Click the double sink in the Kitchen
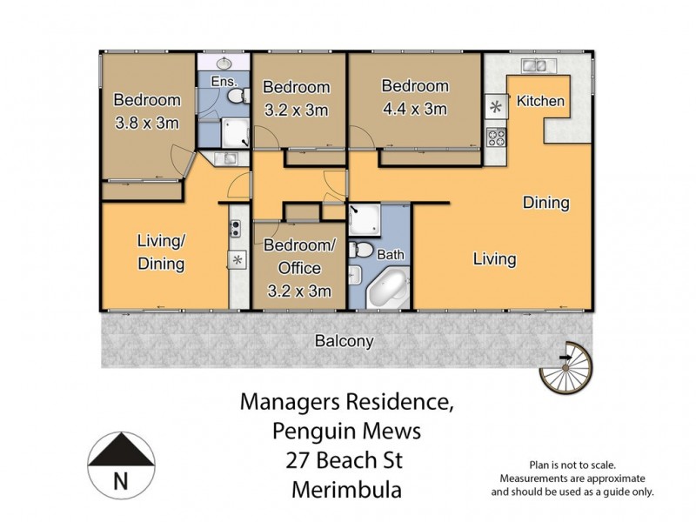pyautogui.click(x=533, y=65)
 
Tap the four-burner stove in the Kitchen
pyautogui.click(x=497, y=137)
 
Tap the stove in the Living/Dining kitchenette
pyautogui.click(x=236, y=230)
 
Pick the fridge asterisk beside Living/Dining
pyautogui.click(x=236, y=259)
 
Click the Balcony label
pyautogui.click(x=345, y=342)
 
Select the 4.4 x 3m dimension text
pyautogui.click(x=415, y=109)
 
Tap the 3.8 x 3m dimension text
pyautogui.click(x=147, y=123)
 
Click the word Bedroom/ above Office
pyautogui.click(x=296, y=246)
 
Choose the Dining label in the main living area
pyautogui.click(x=545, y=203)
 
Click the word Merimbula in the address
pyautogui.click(x=345, y=490)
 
